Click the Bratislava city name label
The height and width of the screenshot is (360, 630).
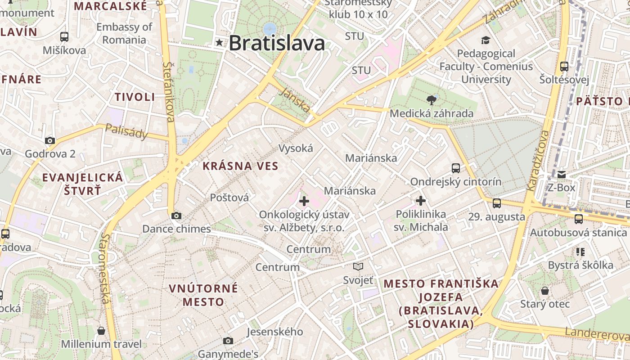click(x=276, y=44)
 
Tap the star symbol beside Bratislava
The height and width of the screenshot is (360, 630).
click(x=219, y=43)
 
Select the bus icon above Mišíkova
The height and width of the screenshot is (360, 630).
click(x=64, y=37)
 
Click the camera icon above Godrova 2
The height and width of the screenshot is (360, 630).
click(x=50, y=140)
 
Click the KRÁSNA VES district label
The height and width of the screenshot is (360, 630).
click(x=240, y=166)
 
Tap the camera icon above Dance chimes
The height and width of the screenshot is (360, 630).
click(x=176, y=216)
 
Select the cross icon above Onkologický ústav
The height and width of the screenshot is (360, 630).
click(x=304, y=201)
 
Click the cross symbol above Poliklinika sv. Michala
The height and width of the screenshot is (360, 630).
click(x=421, y=200)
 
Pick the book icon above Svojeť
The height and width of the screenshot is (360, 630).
click(x=358, y=267)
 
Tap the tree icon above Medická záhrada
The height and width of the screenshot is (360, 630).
click(x=432, y=99)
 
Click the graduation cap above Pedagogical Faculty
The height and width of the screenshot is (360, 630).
click(x=486, y=40)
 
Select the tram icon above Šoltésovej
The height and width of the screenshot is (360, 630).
click(x=564, y=67)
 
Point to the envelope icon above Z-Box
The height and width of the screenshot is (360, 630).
click(x=561, y=174)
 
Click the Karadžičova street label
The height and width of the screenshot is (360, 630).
click(x=538, y=161)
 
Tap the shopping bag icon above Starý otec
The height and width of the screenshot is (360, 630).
click(x=545, y=291)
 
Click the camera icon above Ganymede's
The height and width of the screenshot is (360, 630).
click(x=228, y=341)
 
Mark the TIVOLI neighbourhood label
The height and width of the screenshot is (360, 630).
click(x=135, y=97)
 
